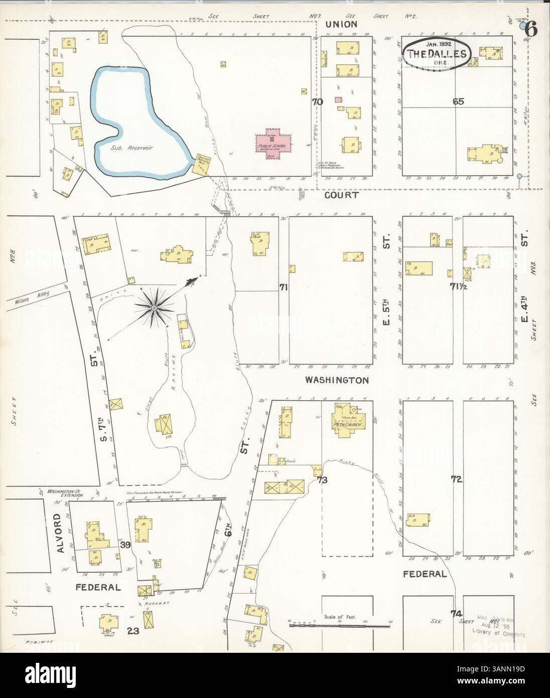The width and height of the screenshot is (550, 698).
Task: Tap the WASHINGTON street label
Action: (337, 381)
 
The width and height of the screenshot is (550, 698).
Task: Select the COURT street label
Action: (341, 195)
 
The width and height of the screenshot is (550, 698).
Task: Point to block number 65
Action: (458, 101)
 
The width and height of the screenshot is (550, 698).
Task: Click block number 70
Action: (317, 102)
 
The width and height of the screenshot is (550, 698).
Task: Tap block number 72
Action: (456, 480)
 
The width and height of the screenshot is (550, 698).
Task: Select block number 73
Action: (322, 480)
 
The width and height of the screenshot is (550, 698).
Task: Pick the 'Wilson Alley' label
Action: (32, 299)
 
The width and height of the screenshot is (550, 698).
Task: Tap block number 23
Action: (132, 631)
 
